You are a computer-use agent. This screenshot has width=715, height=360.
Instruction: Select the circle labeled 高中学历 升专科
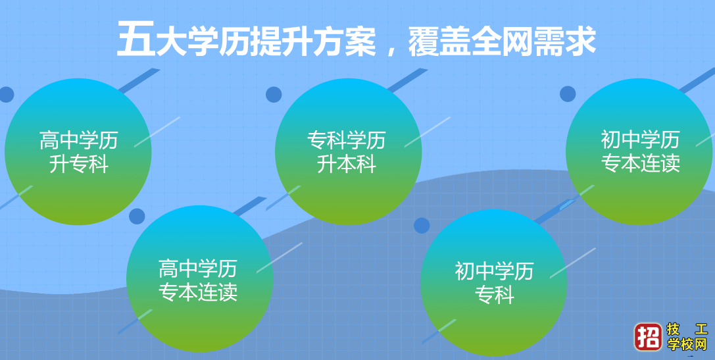(x=78, y=152)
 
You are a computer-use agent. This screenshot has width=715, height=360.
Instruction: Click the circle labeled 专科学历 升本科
(x=348, y=152)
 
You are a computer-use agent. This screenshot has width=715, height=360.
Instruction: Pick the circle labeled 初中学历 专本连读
(x=639, y=152)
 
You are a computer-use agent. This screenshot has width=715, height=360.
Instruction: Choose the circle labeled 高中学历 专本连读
(x=199, y=279)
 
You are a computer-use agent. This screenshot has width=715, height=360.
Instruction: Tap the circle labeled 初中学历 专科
(x=493, y=283)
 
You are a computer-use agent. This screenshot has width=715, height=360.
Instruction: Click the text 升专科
(x=78, y=165)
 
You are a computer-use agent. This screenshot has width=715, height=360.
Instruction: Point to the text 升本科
(x=347, y=165)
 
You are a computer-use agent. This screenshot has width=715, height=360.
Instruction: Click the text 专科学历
(x=347, y=140)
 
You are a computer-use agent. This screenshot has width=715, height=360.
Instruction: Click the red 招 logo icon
(x=647, y=336)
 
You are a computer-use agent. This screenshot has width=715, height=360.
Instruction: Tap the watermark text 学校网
(x=687, y=344)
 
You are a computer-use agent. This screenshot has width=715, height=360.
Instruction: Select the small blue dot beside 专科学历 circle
(x=274, y=95)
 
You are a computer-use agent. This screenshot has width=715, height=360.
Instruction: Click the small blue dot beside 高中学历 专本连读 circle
(x=137, y=217)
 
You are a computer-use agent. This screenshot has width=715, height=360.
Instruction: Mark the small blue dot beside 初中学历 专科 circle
(x=422, y=226)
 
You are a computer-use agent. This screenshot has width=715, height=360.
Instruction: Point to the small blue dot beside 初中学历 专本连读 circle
(x=568, y=94)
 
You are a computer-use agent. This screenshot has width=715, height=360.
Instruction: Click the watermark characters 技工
(x=687, y=329)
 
